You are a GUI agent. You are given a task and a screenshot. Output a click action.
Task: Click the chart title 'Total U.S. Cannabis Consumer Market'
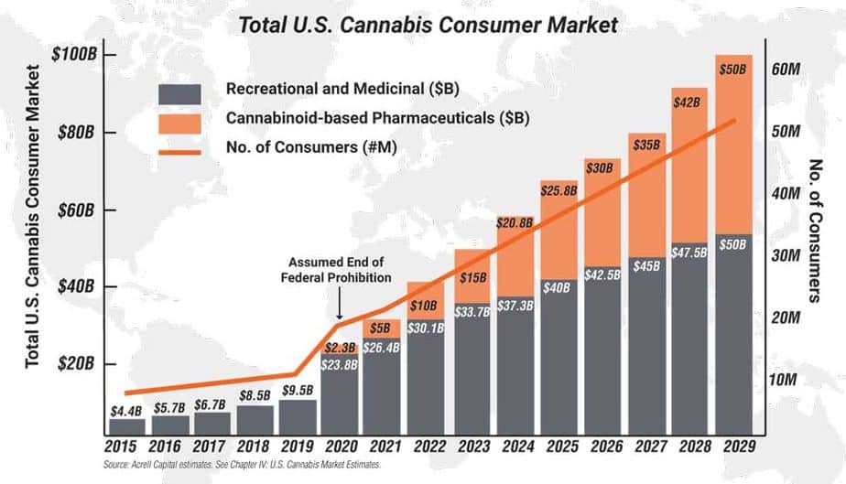pos(423,24)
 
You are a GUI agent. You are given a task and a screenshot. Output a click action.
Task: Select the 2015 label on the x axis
pos(127,447)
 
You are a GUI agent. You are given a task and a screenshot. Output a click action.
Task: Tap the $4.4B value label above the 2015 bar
pos(127,410)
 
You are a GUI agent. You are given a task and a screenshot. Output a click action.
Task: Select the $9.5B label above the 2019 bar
pos(298,390)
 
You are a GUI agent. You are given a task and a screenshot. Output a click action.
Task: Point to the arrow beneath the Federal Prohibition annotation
pos(339,301)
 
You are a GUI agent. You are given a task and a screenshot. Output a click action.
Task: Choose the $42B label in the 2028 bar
pos(691,103)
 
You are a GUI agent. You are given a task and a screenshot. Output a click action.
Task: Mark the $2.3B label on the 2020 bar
pos(342,347)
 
